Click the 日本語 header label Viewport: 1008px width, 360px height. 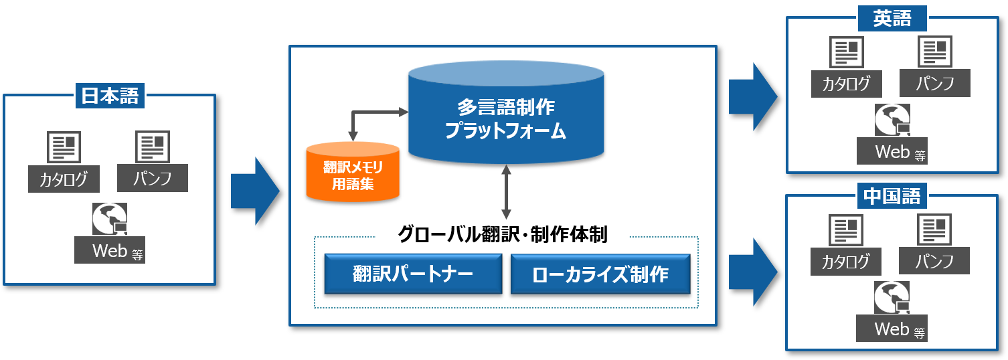[x=110, y=96]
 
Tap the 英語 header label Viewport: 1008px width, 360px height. [x=892, y=19]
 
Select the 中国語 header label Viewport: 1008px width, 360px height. [x=892, y=196]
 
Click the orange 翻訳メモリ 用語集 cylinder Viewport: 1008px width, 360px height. [x=353, y=171]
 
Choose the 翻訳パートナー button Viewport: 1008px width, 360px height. [x=413, y=274]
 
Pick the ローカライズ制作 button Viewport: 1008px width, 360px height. [x=600, y=274]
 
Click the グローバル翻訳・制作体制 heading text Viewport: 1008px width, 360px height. [x=502, y=234]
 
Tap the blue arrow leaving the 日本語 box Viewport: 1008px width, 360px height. [x=255, y=191]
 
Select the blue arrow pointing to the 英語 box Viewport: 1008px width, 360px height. [x=752, y=96]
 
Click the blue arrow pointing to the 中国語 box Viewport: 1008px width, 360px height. [x=752, y=272]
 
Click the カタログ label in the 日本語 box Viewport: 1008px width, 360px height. [x=64, y=179]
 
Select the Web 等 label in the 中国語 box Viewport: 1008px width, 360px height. [x=892, y=329]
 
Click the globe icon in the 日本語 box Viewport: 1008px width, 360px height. [x=109, y=219]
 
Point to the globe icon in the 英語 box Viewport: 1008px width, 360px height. [x=892, y=120]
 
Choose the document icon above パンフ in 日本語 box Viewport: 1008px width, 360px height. [x=153, y=147]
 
